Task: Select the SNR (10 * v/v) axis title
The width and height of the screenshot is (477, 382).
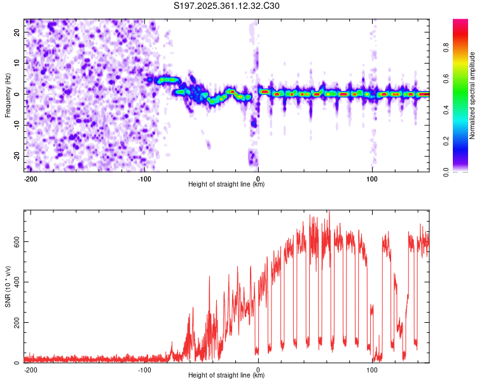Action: tap(8, 286)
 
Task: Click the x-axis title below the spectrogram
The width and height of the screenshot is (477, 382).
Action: tap(226, 185)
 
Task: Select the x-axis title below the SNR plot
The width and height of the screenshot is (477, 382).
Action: tap(226, 376)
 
